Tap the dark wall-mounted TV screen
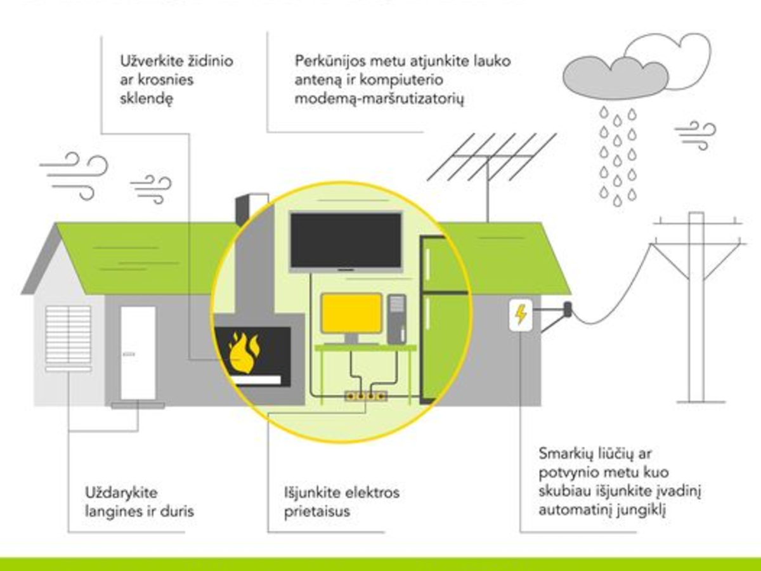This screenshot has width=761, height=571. (x=346, y=240)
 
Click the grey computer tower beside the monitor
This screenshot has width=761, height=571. (x=396, y=319)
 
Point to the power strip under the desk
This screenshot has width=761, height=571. (x=366, y=396)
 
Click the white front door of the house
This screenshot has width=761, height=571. (x=138, y=353)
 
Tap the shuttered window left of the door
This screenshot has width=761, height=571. (x=68, y=338)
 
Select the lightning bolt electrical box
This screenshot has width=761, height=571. (x=521, y=315)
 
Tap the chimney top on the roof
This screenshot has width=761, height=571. (x=252, y=209)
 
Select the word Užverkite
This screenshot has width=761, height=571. (x=151, y=61)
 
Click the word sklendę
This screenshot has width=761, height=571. (x=146, y=99)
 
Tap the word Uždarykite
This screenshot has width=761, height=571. (x=121, y=493)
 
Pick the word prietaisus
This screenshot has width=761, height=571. (x=317, y=512)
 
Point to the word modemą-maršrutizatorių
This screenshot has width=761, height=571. (x=379, y=99)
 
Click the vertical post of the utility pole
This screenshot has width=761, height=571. (x=696, y=307)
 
